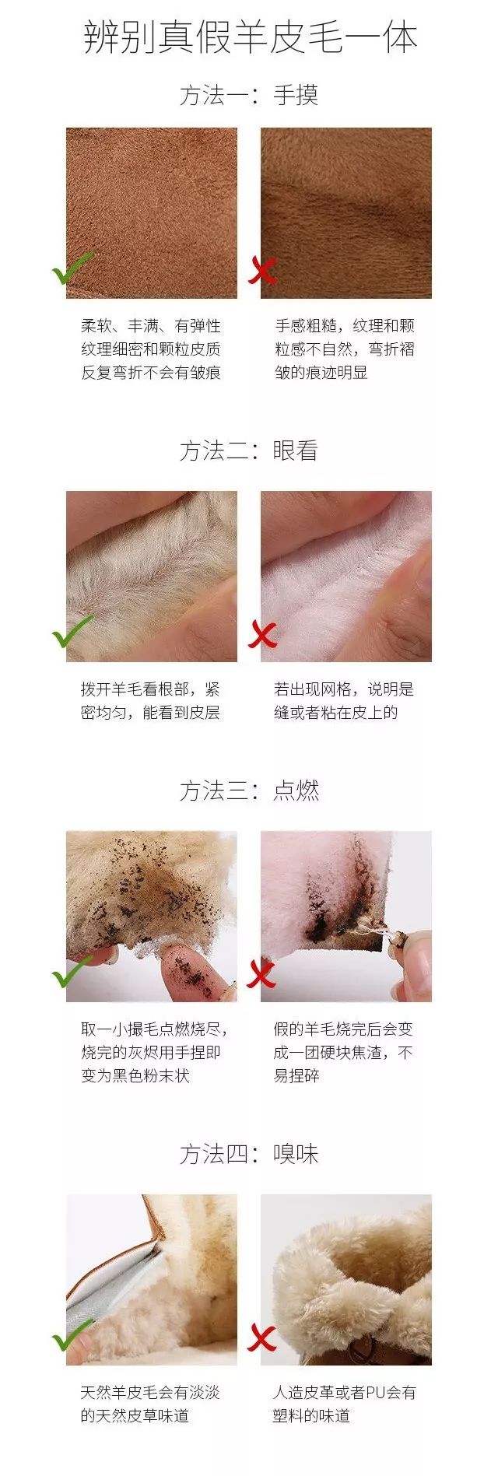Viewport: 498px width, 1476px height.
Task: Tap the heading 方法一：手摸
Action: tap(249, 96)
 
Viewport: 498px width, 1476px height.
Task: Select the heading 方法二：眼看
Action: tap(249, 451)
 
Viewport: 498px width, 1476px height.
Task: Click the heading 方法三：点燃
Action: tap(249, 791)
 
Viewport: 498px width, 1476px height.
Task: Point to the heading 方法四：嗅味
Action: tap(249, 1154)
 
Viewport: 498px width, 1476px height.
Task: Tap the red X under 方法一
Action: tap(263, 271)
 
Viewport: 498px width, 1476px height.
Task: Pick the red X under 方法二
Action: tap(262, 634)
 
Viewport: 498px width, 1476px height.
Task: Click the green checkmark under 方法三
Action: tap(72, 972)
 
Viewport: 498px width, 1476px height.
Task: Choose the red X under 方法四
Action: tap(262, 1338)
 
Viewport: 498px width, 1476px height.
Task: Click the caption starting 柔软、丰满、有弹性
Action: tap(151, 349)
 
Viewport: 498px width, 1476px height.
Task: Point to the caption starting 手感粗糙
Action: tap(345, 349)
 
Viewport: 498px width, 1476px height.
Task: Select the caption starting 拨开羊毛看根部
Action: tap(150, 701)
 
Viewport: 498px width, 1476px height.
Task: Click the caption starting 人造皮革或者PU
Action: tap(344, 1404)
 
